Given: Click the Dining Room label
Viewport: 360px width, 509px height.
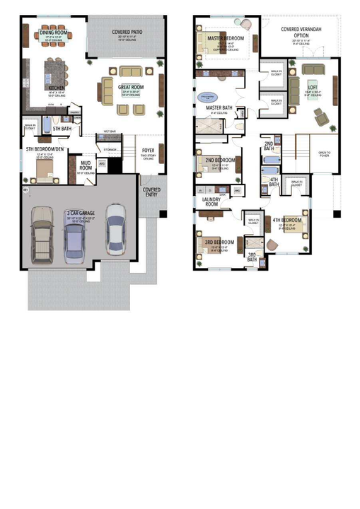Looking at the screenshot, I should coord(53,32).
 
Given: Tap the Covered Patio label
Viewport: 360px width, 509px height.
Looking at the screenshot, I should coord(127,32).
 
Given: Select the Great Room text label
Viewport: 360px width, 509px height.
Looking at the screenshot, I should coord(132,88).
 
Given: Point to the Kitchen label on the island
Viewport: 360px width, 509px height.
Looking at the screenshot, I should coord(57,88).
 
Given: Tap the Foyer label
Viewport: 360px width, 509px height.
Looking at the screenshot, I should coord(149,150).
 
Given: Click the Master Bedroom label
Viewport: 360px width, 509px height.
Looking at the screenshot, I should coord(226,37).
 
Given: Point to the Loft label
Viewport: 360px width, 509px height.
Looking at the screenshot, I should coord(312,88).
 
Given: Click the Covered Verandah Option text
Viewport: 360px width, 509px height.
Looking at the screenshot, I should coord(300,33).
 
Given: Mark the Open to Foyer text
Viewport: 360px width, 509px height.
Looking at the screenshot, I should coord(324,153).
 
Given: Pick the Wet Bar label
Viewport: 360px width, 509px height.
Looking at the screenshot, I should coord(110,131).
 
